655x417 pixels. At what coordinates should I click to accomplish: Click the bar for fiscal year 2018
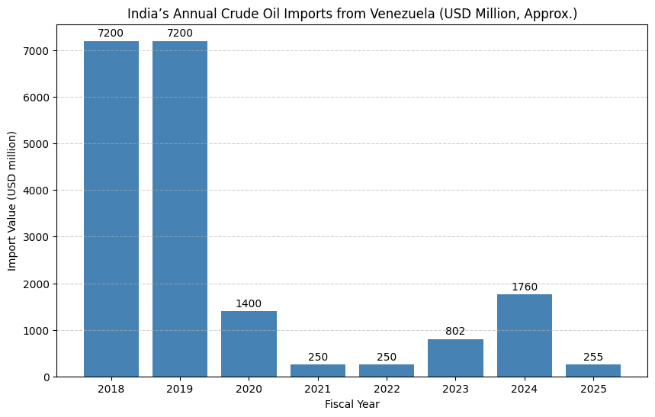[111, 209]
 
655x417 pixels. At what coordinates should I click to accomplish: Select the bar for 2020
[249, 344]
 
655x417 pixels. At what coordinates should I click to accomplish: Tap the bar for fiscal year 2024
[525, 335]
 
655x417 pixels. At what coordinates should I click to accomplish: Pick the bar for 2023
[455, 358]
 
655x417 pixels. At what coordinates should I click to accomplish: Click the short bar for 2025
[593, 370]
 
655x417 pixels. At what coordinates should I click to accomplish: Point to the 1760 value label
[525, 287]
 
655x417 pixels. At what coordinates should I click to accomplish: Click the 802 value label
[455, 332]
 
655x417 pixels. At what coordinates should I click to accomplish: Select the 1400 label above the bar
[249, 304]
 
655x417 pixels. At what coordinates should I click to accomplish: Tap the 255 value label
[593, 358]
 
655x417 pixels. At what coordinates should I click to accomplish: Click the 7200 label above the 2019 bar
[180, 34]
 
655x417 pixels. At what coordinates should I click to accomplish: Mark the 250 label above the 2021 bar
[318, 358]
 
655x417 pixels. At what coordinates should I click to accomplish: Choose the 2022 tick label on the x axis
[387, 389]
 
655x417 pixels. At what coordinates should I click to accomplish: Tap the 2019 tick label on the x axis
[180, 389]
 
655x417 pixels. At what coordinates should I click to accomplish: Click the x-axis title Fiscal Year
[352, 404]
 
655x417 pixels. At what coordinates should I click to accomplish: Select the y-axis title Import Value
[12, 200]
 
